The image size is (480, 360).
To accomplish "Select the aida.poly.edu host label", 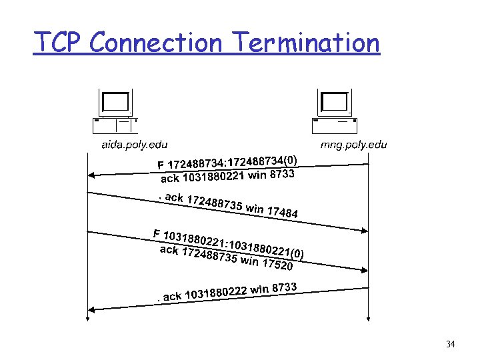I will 134,144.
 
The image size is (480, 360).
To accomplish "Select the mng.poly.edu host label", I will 354,144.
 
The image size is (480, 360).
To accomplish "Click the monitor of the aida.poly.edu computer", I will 115,102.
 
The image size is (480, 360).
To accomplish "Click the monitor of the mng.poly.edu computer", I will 334,102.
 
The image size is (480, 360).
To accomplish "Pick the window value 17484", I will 282,212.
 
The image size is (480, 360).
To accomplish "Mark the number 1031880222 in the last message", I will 216,291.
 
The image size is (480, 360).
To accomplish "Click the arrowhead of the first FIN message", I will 93,175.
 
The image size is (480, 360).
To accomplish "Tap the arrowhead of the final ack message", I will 93,309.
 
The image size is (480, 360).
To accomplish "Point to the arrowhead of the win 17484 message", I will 364,219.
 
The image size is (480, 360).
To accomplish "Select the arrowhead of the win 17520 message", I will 364,270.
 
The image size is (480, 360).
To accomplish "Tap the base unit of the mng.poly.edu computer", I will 335,125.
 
